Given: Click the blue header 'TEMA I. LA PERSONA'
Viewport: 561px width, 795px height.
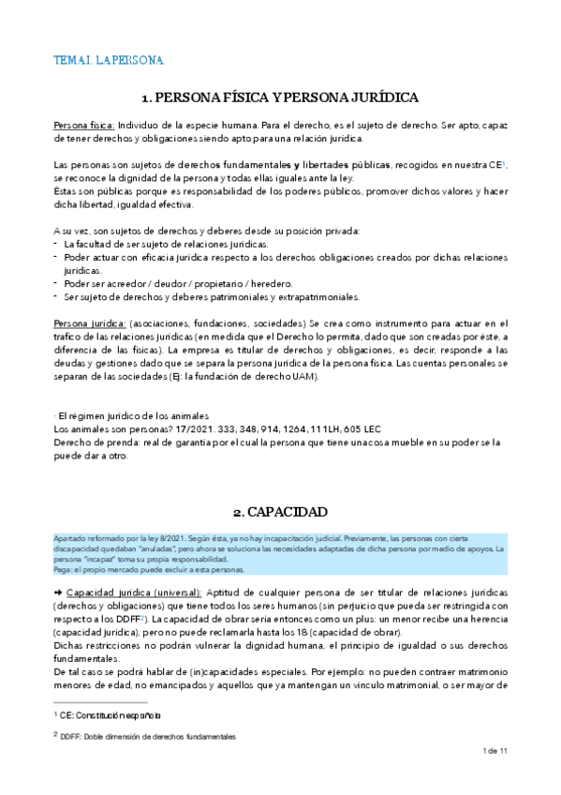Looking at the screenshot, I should (x=109, y=61).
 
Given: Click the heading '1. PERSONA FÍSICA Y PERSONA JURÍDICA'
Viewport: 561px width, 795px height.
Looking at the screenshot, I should (x=279, y=97).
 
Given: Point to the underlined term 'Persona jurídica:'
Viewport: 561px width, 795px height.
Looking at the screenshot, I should (x=88, y=322).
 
